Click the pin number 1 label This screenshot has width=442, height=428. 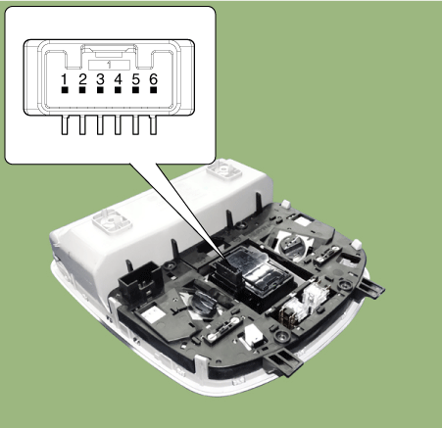point(65,79)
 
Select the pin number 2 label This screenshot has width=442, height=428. point(82,79)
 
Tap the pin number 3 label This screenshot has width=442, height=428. point(100,79)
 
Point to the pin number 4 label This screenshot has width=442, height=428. point(118,79)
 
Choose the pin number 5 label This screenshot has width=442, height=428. point(135,79)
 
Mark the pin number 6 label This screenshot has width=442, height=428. point(153,79)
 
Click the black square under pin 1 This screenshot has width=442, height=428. point(65,90)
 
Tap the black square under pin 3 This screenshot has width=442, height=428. point(100,90)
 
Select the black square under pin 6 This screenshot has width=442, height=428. point(153,90)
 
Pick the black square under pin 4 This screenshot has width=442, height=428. point(118,90)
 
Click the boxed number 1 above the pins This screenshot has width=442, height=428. point(109,65)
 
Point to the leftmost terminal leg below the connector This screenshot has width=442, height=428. point(65,124)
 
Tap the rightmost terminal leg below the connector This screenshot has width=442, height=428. point(153,124)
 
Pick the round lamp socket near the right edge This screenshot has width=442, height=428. point(292,244)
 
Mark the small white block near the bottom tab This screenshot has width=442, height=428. point(253,336)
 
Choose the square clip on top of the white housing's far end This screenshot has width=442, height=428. point(224,169)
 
